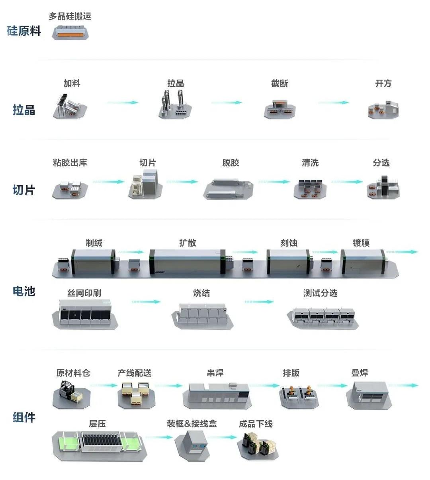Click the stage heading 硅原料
pos(24,31)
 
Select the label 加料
pos(72,83)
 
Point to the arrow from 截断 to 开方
pos(334,103)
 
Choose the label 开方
pos(383,83)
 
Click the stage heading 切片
pos(24,190)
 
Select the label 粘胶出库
pos(70,163)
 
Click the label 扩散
pos(188,243)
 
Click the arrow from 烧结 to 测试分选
pos(259,302)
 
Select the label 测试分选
pos(320,293)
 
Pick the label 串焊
pos(215,373)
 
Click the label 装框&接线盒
pos(192,423)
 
